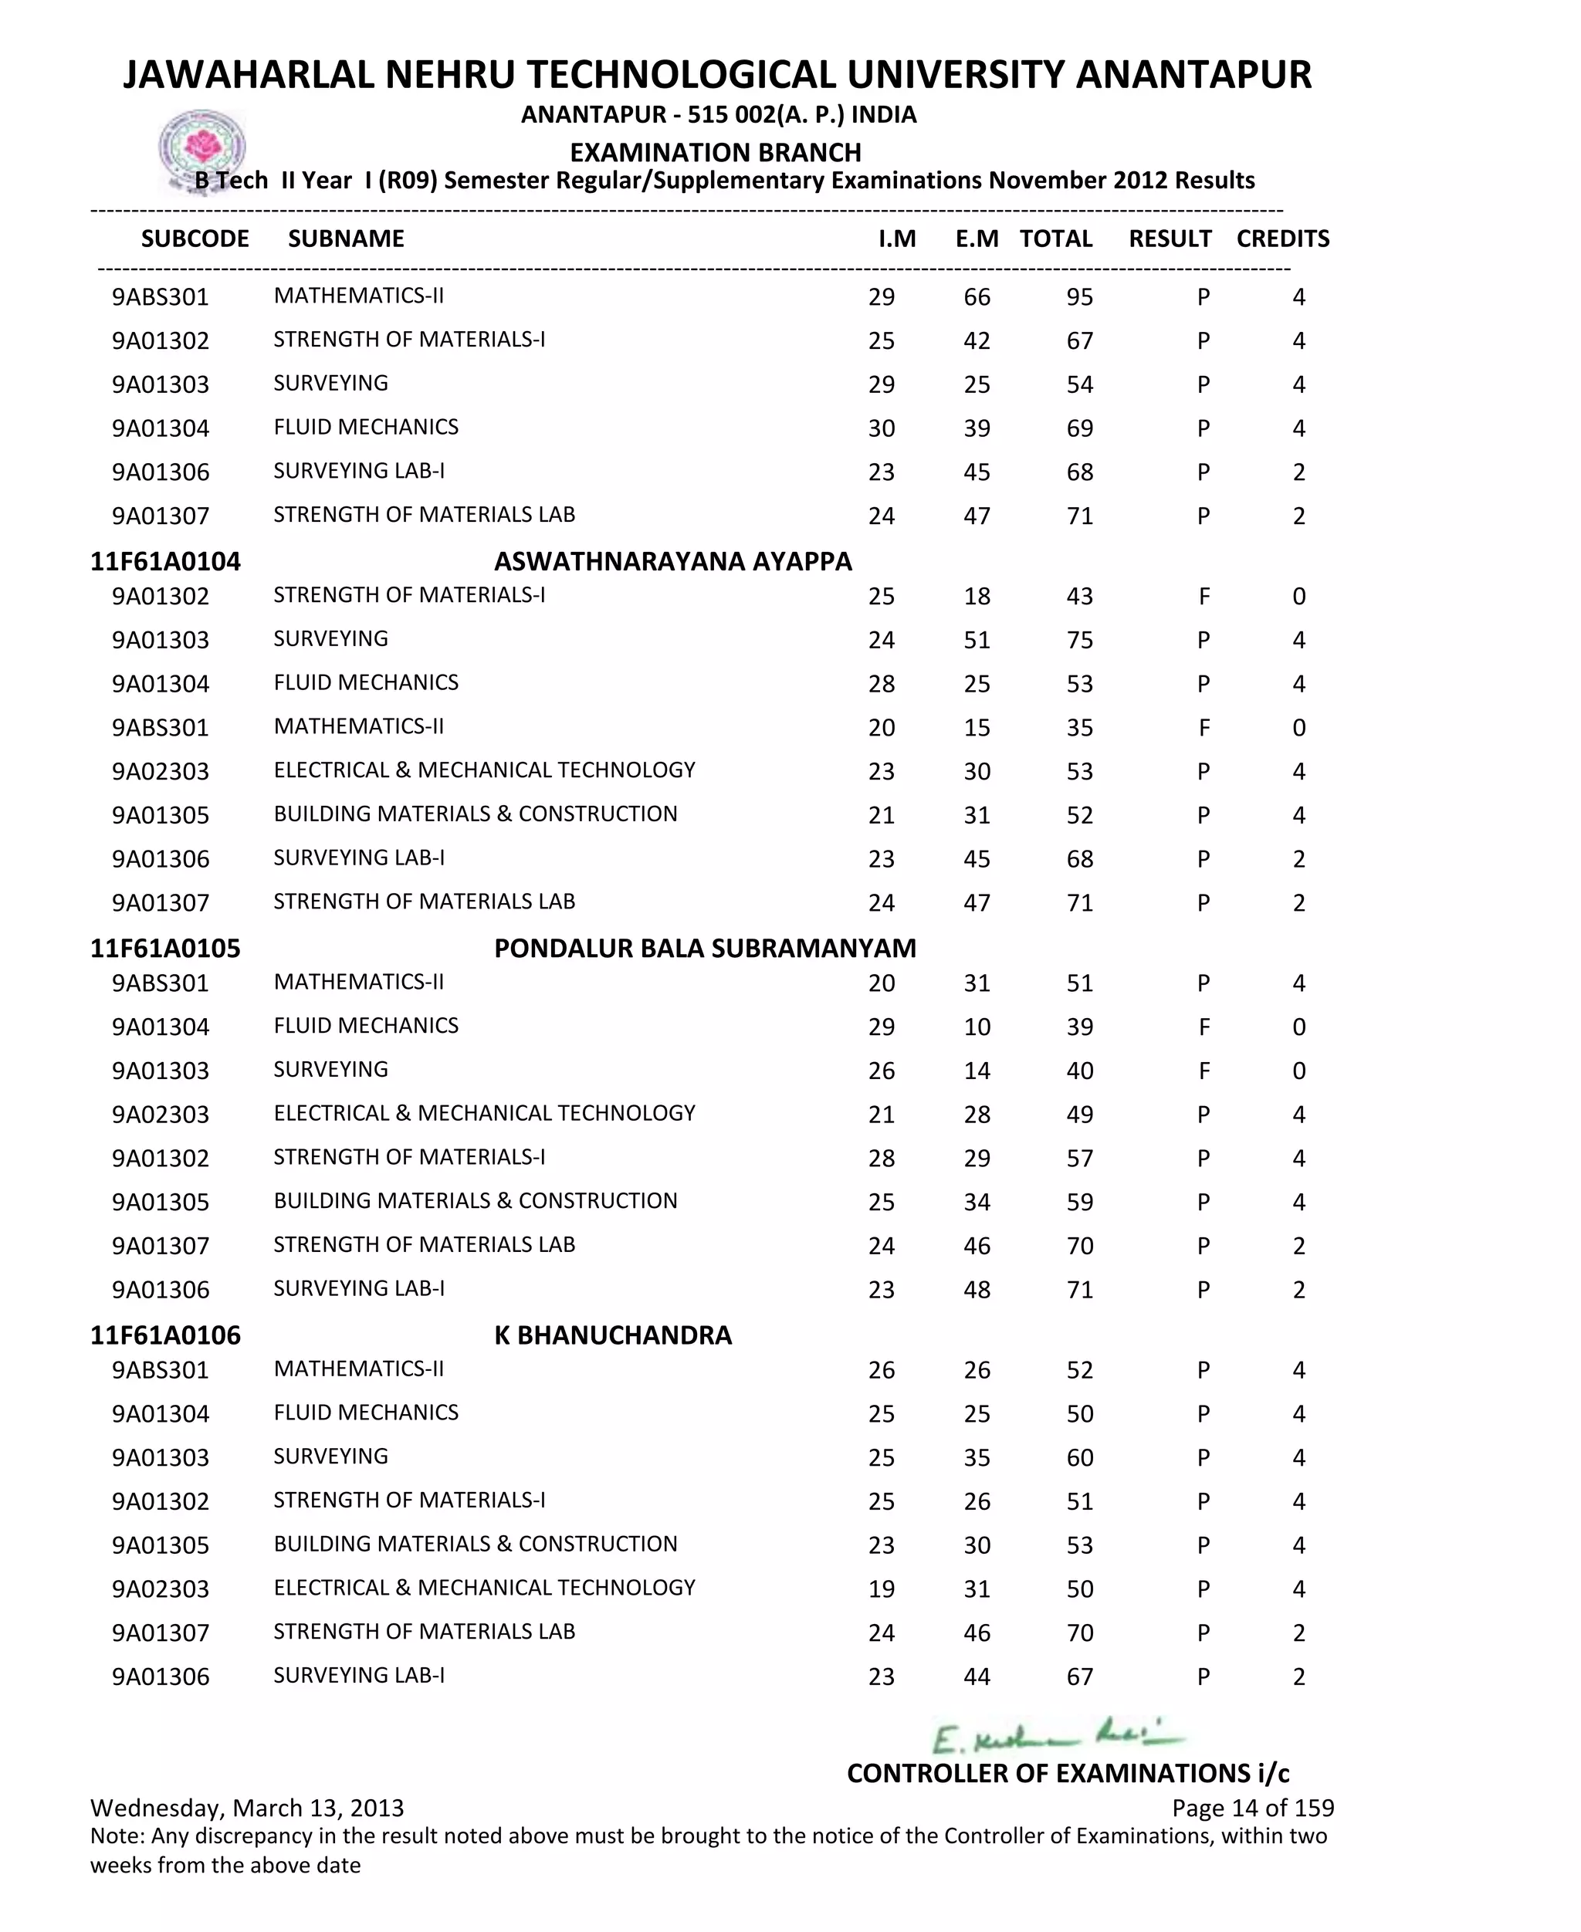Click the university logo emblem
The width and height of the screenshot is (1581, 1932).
[202, 148]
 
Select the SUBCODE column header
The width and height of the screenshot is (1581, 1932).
[195, 239]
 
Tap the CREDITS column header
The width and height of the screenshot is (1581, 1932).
[1282, 239]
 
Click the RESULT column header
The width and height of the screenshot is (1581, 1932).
[1170, 239]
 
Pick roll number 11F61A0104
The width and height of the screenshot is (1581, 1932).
[165, 561]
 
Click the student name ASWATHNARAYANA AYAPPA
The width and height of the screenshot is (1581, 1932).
[673, 561]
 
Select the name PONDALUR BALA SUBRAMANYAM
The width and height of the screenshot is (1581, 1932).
[705, 948]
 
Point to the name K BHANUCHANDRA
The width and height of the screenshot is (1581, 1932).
[613, 1335]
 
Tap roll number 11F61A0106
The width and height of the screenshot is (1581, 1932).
[165, 1335]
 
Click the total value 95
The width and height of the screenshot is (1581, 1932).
[1079, 297]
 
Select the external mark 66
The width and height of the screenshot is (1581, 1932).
[977, 297]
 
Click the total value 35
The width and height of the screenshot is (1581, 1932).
[1079, 727]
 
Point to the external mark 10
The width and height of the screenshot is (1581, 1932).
[977, 1027]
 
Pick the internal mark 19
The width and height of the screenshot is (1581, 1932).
[881, 1589]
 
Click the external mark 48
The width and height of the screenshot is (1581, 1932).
[977, 1289]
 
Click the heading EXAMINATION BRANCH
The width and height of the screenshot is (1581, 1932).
[715, 152]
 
